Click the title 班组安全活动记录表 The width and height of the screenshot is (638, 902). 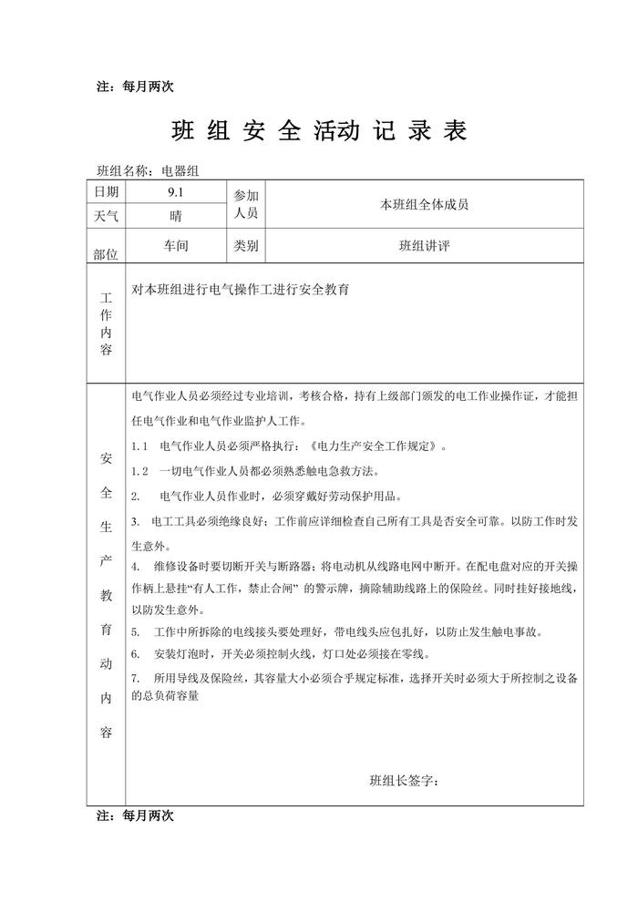319,132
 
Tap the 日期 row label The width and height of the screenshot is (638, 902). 107,192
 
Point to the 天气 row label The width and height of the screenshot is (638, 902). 107,217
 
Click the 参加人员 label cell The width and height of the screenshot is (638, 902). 246,204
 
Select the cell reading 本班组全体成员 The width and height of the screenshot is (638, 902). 424,205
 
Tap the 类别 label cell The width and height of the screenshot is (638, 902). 246,246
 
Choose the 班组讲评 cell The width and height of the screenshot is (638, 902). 424,246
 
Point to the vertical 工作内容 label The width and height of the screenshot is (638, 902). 107,323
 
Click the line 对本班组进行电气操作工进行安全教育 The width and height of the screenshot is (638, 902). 242,290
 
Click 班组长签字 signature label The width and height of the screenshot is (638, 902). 403,781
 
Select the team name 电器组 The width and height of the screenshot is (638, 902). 186,169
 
